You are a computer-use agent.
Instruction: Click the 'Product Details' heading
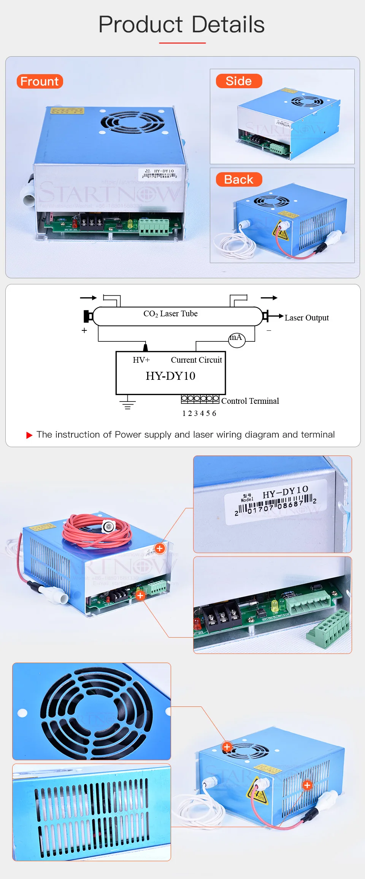[181, 24]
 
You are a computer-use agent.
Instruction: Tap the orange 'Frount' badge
[40, 81]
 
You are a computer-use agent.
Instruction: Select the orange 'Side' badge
[239, 81]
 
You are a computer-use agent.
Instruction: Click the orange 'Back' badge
[239, 179]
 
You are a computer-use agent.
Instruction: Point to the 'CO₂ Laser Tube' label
[170, 314]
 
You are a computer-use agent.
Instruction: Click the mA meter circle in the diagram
[236, 339]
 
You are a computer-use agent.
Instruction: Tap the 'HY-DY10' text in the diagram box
[170, 376]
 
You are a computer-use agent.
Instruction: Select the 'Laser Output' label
[306, 318]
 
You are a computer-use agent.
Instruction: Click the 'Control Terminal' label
[250, 401]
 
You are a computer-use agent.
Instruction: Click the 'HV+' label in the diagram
[141, 360]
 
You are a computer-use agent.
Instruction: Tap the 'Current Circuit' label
[196, 360]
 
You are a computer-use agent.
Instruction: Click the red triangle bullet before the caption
[29, 435]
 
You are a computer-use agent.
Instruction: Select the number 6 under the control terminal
[214, 414]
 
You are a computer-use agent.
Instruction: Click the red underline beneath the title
[182, 43]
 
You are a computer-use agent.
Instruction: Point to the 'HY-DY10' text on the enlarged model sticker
[285, 492]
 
